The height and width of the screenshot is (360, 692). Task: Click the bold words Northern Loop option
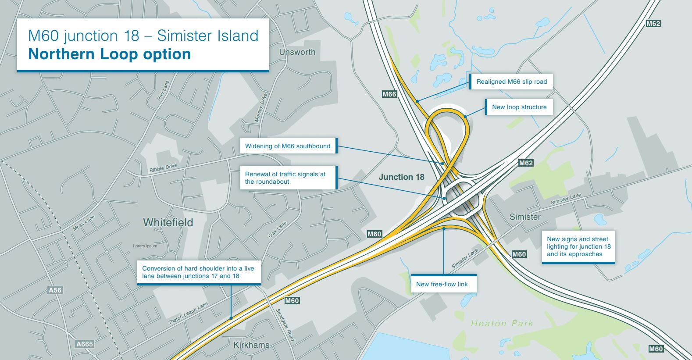tap(109, 54)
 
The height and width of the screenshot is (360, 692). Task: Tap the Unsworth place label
tap(297, 52)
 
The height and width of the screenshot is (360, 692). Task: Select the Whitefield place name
tap(168, 222)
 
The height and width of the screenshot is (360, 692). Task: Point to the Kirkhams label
tap(251, 345)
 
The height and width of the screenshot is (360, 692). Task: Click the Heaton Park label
tap(502, 324)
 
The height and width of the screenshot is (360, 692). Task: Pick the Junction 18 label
tap(401, 177)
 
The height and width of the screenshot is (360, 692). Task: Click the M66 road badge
tap(389, 94)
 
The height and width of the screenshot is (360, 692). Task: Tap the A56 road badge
tap(55, 290)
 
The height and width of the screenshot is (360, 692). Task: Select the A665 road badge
tap(85, 344)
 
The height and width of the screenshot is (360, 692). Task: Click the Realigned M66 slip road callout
tap(511, 82)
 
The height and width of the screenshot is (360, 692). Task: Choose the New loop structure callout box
tap(519, 107)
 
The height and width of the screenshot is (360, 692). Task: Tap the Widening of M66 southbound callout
tap(288, 146)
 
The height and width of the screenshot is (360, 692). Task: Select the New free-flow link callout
tap(442, 284)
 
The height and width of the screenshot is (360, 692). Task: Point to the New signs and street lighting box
tap(578, 246)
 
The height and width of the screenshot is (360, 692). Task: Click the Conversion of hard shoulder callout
tap(198, 272)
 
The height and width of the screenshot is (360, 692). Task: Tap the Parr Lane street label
tap(163, 90)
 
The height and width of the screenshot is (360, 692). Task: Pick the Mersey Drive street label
tap(261, 108)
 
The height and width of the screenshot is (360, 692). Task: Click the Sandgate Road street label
tap(285, 324)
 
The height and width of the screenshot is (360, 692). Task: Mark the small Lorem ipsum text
tap(145, 246)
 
